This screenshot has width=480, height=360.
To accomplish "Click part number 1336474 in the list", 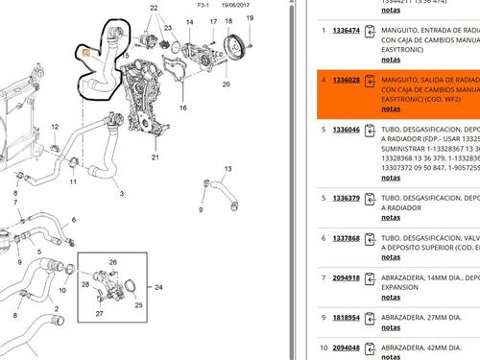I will (347, 31).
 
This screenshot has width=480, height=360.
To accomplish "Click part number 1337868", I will (347, 237).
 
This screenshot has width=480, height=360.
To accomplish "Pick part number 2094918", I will (347, 278).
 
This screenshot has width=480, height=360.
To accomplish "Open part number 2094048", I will (347, 348).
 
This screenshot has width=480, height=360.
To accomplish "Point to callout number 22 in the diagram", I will (155, 8).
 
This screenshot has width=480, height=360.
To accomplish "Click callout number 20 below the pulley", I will (226, 84).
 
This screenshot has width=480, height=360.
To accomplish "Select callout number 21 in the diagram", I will (155, 156).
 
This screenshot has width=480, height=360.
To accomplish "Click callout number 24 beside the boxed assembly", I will (159, 287).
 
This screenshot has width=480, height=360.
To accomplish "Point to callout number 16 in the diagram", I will (181, 108).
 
